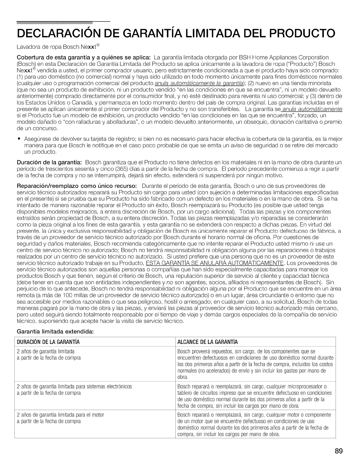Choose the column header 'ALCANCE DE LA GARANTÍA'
click(208, 342)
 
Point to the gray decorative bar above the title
click(54, 22)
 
